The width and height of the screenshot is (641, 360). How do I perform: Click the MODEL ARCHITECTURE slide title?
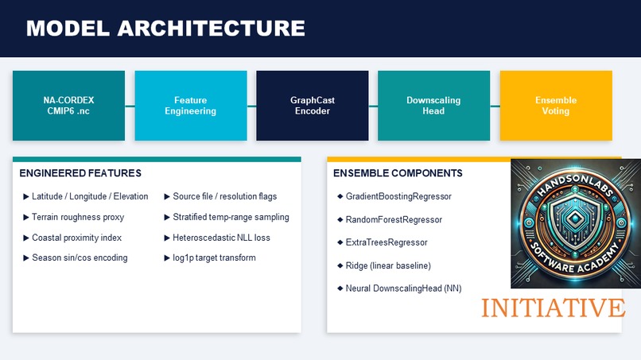click(x=165, y=29)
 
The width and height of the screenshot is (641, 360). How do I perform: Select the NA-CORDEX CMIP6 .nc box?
click(x=68, y=106)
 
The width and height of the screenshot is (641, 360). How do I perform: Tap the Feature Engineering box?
click(x=190, y=106)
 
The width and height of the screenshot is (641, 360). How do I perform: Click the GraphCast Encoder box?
click(x=312, y=106)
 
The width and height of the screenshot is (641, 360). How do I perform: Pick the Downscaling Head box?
click(x=433, y=106)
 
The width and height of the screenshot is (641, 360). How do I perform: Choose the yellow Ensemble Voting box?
click(x=555, y=106)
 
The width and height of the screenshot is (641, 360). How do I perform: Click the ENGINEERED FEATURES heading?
click(x=80, y=172)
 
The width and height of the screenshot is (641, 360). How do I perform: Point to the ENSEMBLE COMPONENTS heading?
click(x=398, y=172)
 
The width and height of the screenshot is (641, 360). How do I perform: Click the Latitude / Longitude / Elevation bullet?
click(x=90, y=196)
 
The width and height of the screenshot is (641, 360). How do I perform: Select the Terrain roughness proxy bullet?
click(x=78, y=217)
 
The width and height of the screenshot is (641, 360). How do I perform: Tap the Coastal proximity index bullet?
click(x=76, y=238)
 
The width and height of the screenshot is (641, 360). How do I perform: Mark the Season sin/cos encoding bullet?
click(x=80, y=258)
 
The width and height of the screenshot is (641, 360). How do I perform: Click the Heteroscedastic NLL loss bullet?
click(x=221, y=238)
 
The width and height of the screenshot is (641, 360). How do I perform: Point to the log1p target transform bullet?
click(x=214, y=258)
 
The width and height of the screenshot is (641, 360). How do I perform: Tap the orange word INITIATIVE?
click(x=552, y=308)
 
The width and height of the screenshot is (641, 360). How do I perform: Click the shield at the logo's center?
click(x=575, y=225)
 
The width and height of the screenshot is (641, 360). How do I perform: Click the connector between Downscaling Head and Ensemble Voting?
click(x=495, y=106)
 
